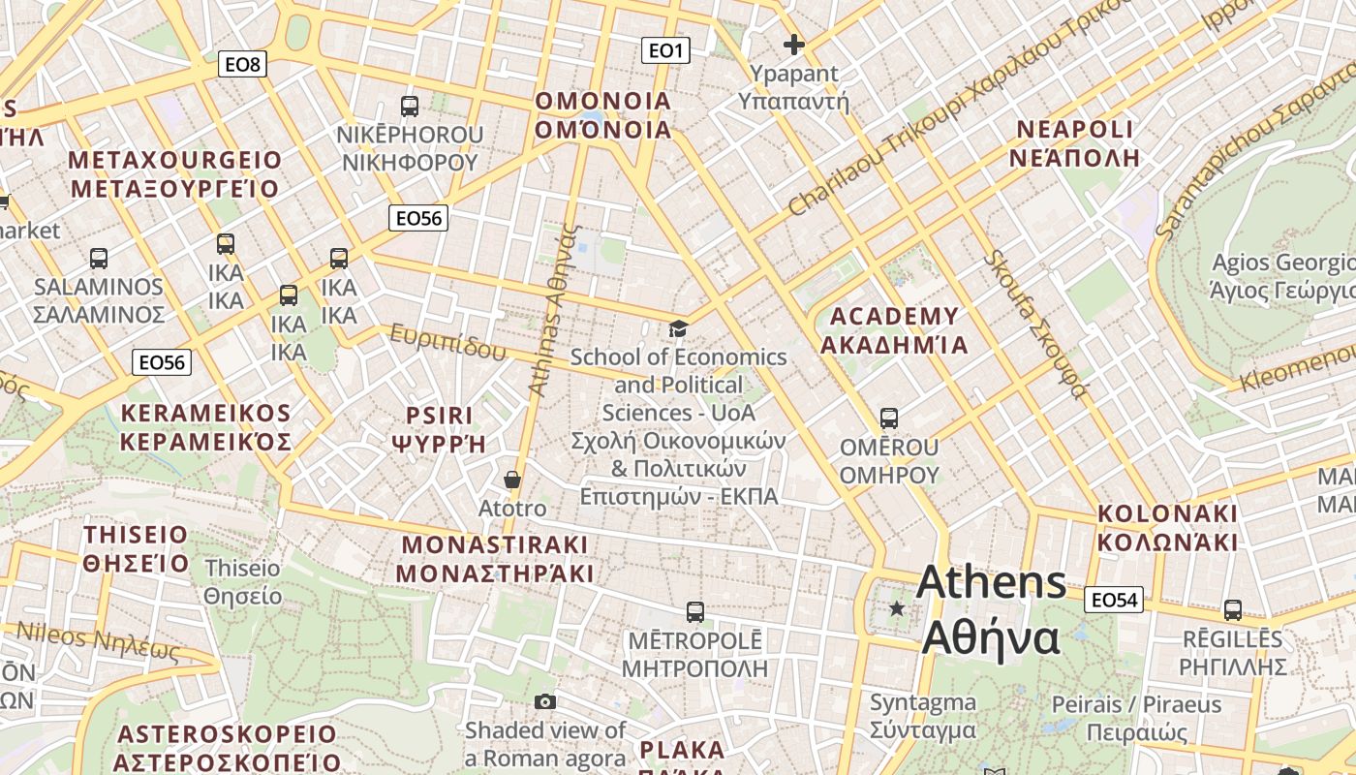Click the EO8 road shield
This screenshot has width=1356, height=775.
(x=241, y=65)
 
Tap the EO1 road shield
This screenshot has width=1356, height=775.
(x=665, y=50)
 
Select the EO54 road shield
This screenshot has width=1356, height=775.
(x=1113, y=600)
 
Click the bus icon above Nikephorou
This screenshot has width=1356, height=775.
(x=410, y=107)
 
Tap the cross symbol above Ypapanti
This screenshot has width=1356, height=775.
(x=794, y=45)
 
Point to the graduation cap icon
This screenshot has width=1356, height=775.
(x=678, y=329)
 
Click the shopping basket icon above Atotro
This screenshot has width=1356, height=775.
(x=512, y=480)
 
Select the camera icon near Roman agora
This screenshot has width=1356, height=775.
(x=545, y=701)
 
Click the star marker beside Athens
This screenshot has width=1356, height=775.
(x=897, y=608)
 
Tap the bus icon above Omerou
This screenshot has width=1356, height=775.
(x=888, y=418)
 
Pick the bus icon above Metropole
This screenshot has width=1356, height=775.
(x=694, y=612)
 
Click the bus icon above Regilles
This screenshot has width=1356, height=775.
(x=1232, y=610)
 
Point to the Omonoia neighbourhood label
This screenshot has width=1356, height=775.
(x=602, y=115)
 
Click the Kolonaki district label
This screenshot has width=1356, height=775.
(x=1167, y=527)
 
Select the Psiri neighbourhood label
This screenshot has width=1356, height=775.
(x=439, y=429)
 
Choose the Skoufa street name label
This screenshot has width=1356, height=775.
(x=1035, y=324)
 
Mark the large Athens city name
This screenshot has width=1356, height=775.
(x=991, y=610)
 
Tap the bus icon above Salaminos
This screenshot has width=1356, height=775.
(x=99, y=259)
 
